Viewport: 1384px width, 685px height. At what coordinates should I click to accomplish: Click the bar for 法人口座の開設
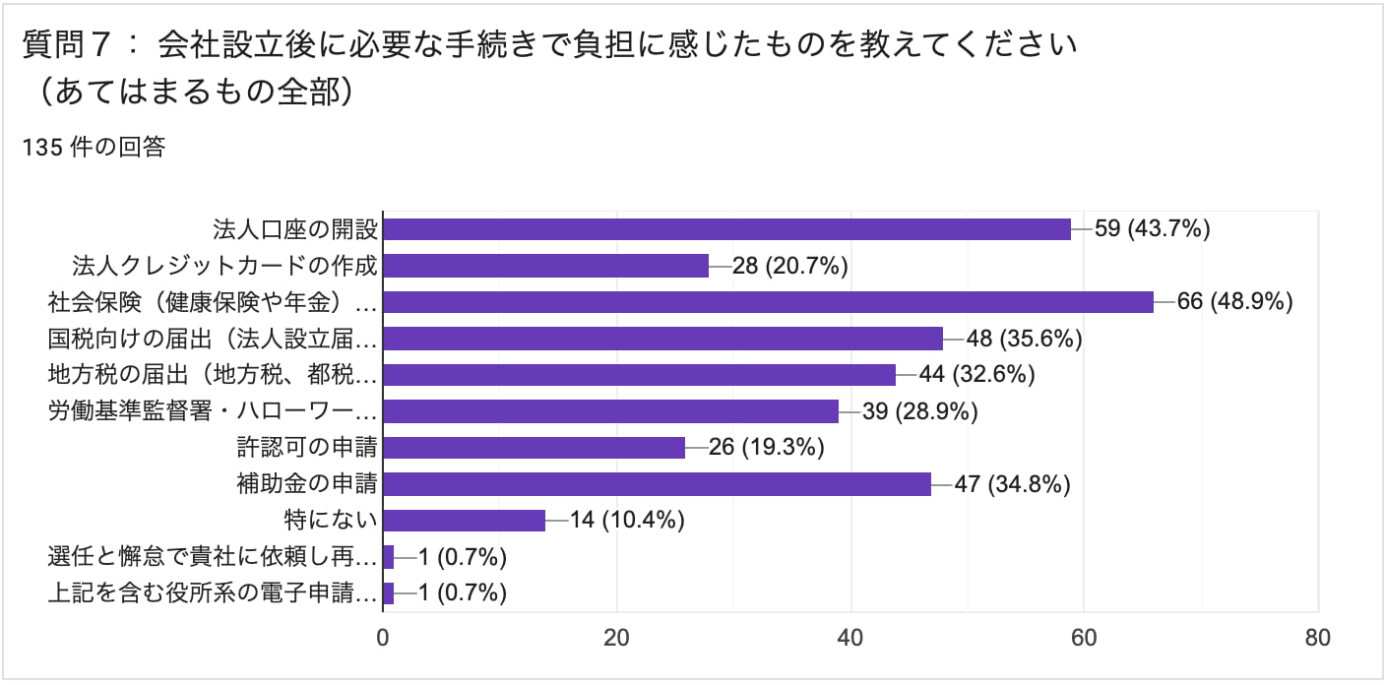coord(726,229)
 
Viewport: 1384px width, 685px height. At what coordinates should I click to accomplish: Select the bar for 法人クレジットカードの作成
coord(545,266)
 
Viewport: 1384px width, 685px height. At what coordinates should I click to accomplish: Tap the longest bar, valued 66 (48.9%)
coord(768,302)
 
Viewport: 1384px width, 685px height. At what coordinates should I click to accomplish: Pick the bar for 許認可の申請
coord(534,448)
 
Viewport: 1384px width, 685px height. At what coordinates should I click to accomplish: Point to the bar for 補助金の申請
coord(657,484)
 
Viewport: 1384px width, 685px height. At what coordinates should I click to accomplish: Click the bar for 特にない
coord(464,521)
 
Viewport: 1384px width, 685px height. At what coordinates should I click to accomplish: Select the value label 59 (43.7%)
coord(1153,229)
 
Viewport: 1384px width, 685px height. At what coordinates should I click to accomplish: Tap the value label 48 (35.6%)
coord(1025,339)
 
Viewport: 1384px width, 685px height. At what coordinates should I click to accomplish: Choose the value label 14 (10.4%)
coord(627,521)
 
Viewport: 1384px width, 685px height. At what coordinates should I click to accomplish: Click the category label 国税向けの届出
coord(213,339)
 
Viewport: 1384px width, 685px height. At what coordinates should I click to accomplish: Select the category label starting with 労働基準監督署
coord(213,411)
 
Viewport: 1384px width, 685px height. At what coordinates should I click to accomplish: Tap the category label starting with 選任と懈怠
coord(213,557)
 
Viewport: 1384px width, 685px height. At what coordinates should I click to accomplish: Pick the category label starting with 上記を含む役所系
coord(213,593)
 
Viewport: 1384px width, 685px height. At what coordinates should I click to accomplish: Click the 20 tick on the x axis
coord(616,637)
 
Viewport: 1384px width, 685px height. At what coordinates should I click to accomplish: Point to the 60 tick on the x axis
coord(1084,637)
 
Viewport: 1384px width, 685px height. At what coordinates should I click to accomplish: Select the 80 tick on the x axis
coord(1317,637)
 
